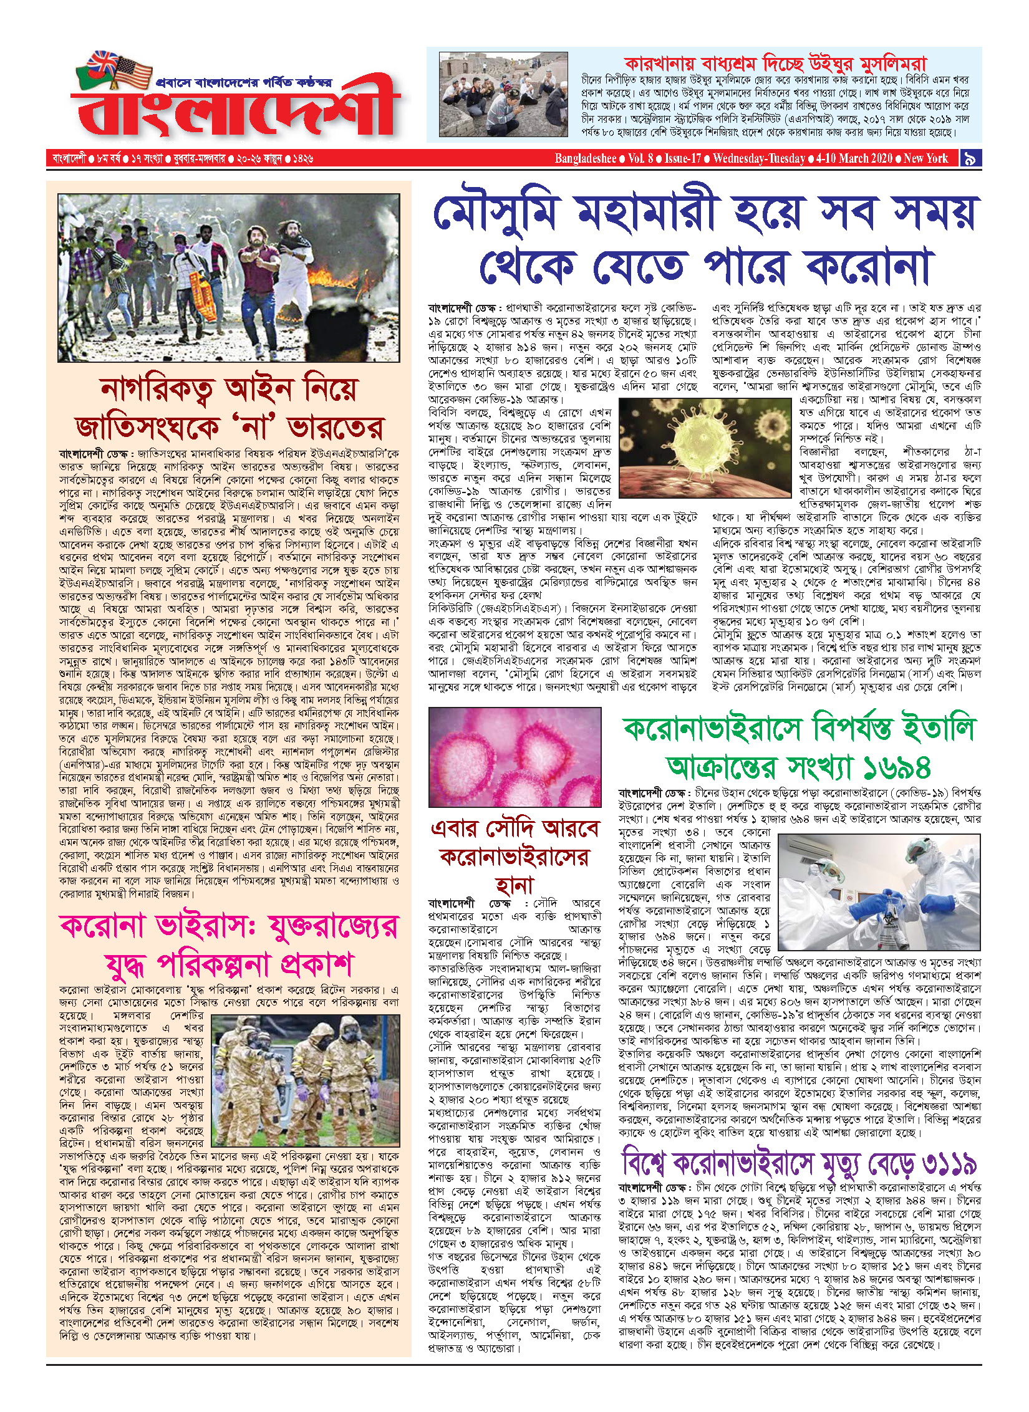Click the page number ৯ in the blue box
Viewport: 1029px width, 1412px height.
(970, 158)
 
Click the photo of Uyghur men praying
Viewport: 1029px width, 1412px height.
(503, 95)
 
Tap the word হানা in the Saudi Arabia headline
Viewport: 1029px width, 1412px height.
(514, 885)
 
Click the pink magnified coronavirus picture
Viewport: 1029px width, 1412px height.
(515, 757)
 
